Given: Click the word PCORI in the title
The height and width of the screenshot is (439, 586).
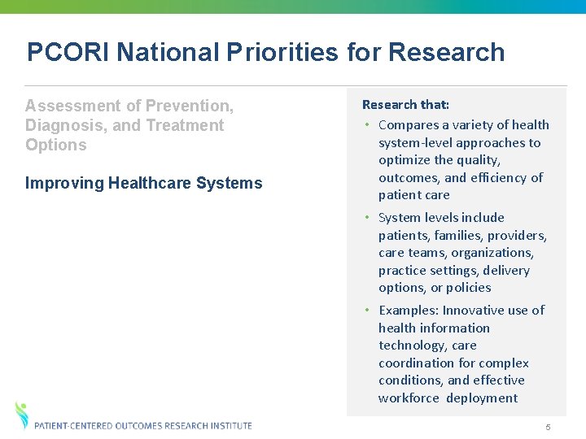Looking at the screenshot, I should tap(68, 52).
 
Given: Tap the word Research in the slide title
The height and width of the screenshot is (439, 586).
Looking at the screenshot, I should tap(446, 52).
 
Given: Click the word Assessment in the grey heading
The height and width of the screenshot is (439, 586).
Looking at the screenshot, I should tap(72, 106).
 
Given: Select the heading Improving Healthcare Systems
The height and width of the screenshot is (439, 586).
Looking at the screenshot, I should tap(144, 183).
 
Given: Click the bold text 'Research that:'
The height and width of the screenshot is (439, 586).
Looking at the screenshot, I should tap(405, 105).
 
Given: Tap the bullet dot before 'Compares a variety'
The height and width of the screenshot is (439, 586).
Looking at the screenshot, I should tap(368, 125).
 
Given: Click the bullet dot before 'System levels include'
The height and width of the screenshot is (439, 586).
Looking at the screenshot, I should tap(368, 218).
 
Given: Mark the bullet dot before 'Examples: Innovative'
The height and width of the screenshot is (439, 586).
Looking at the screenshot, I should tap(368, 311).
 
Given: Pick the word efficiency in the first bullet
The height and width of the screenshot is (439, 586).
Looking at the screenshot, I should tap(499, 177).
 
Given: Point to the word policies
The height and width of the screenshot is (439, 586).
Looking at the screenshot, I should tap(468, 288).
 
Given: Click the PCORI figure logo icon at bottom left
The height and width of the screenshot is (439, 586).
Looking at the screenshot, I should tap(22, 415).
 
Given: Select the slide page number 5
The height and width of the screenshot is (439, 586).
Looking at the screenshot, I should tap(549, 428).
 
